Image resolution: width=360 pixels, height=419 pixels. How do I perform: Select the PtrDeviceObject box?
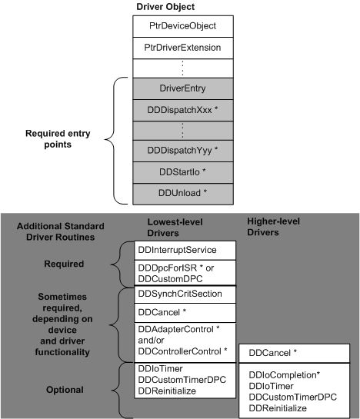pos(183,25)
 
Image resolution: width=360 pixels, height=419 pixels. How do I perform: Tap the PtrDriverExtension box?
pos(183,47)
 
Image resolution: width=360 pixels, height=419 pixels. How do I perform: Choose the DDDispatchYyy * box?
pos(183,148)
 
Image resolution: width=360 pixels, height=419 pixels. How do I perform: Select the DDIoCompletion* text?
pos(284,374)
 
